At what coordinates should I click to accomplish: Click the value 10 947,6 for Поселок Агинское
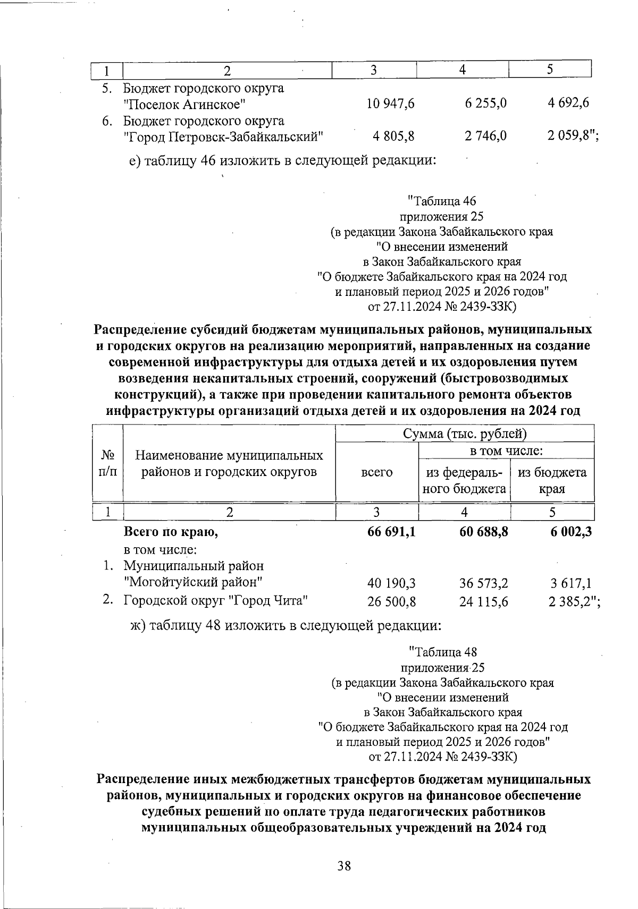tap(390, 104)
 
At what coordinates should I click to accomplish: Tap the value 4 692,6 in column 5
tap(568, 104)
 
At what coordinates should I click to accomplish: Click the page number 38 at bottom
tap(344, 866)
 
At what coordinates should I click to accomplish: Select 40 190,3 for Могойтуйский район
tap(391, 583)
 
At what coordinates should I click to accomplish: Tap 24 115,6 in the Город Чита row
tap(483, 601)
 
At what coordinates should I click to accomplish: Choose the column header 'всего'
tap(376, 472)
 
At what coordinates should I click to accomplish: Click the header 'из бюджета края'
tap(552, 480)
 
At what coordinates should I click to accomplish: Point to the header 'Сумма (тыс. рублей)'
tap(464, 434)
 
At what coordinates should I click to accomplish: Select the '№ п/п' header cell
tap(108, 463)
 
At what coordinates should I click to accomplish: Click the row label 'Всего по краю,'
tap(171, 531)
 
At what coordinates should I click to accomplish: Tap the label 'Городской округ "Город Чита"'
tap(216, 601)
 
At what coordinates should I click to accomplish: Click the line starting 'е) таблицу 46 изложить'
tap(283, 160)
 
